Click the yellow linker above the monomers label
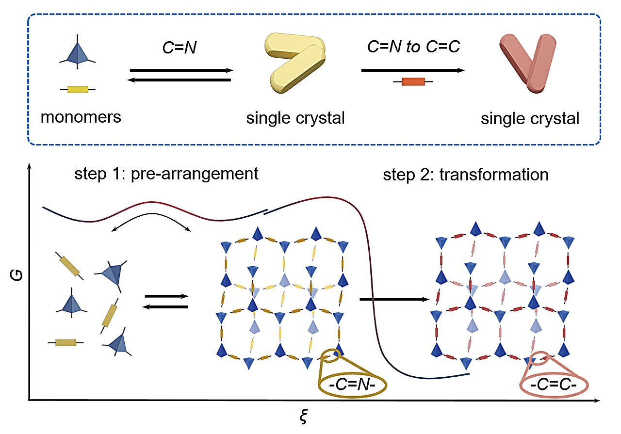[x=78, y=89]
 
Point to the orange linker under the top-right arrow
[x=413, y=82]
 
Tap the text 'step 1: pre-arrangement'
[x=167, y=174]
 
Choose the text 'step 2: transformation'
[x=466, y=175]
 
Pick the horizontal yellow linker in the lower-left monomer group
[x=65, y=343]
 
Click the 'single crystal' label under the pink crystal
[x=530, y=118]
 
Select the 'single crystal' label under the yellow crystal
[x=294, y=118]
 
